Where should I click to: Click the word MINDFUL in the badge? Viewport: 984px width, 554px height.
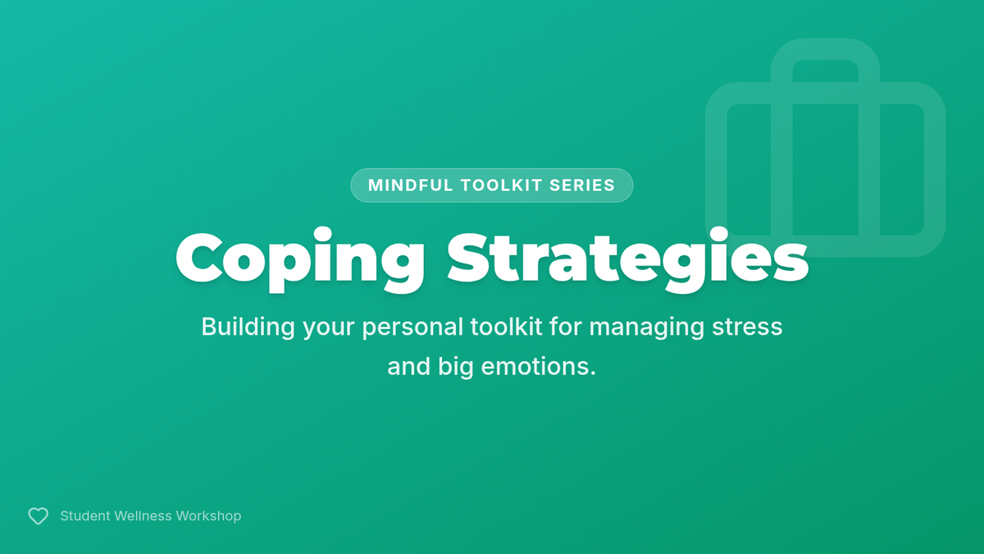click(x=410, y=185)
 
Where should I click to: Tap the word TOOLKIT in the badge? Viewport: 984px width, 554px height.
click(x=501, y=185)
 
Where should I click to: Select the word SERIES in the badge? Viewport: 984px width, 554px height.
click(x=582, y=185)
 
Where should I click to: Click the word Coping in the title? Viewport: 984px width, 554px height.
click(x=300, y=259)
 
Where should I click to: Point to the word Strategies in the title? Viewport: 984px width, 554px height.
click(x=628, y=259)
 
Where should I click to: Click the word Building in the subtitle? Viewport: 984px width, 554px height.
click(x=248, y=327)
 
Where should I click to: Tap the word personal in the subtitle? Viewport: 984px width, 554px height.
click(x=412, y=328)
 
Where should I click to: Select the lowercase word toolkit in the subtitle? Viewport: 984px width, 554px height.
click(x=506, y=327)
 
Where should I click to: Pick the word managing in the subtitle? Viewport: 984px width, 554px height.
click(x=647, y=328)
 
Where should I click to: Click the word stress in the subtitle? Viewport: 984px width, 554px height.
click(x=747, y=328)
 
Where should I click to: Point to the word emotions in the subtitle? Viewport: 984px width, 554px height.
click(x=538, y=367)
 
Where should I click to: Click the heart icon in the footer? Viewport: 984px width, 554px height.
click(x=39, y=515)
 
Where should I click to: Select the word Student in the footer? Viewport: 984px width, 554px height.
click(x=85, y=515)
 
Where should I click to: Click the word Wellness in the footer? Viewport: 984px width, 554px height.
click(x=143, y=515)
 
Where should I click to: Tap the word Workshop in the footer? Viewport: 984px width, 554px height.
click(x=208, y=515)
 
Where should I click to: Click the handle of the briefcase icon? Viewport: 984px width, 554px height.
click(x=826, y=49)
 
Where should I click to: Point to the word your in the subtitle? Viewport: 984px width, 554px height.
click(x=329, y=328)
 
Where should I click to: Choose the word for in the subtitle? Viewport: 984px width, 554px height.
click(x=565, y=327)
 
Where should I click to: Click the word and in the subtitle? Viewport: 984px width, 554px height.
click(x=408, y=367)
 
